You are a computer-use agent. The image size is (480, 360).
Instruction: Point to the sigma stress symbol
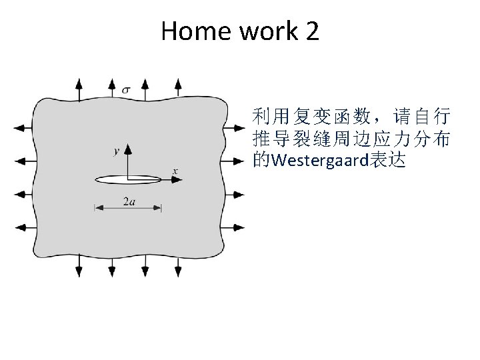(x=127, y=87)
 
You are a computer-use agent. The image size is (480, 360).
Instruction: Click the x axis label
(x=175, y=171)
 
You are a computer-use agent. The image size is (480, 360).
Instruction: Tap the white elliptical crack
(x=128, y=179)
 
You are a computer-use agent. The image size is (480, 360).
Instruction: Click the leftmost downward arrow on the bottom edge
(x=79, y=267)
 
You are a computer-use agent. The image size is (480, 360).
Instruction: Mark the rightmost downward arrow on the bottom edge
(x=177, y=267)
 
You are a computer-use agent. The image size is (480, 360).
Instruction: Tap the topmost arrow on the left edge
(x=23, y=127)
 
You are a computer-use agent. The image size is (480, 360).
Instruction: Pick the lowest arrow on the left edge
(x=23, y=227)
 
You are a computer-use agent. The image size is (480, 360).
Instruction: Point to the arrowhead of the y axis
(x=128, y=147)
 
